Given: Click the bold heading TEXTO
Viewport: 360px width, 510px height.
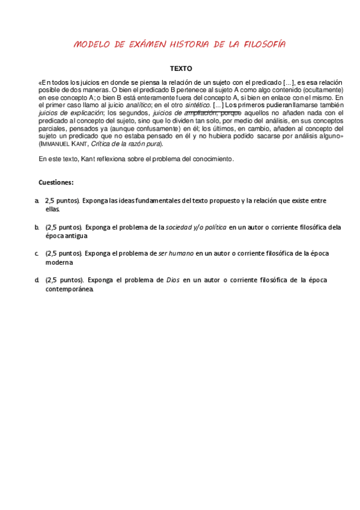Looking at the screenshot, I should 180,69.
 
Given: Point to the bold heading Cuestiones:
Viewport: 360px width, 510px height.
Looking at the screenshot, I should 56,182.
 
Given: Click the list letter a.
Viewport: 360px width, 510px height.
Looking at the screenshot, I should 37,200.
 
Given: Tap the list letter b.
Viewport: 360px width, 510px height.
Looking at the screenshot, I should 37,227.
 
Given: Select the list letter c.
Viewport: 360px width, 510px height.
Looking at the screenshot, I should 37,254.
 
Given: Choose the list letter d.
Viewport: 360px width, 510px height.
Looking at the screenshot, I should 37,280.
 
